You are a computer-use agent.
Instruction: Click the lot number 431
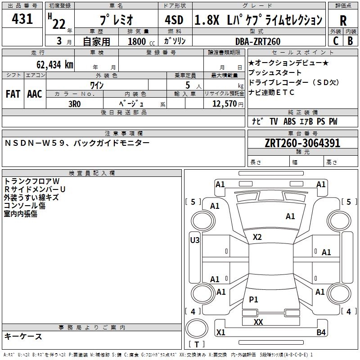pos(22,19)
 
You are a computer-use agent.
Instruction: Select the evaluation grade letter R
pos(343,20)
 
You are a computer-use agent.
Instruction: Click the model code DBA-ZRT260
pos(258,41)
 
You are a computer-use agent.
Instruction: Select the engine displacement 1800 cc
pos(141,41)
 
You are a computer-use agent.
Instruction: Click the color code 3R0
pos(74,103)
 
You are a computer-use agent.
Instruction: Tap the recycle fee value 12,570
pos(224,103)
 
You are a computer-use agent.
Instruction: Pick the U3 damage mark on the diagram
pos(195,240)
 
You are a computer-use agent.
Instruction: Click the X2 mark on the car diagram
pos(257,237)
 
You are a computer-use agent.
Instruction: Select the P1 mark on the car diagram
pos(254,300)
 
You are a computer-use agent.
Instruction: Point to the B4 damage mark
pos(321,333)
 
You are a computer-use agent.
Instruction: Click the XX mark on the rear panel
pos(258,322)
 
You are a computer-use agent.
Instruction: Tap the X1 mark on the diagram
pos(221,333)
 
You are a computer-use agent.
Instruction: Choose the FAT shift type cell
pos(13,94)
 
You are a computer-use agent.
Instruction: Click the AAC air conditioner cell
pos(35,94)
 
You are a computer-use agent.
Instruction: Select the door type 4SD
pos(174,20)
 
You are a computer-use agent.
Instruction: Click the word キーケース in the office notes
pos(23,337)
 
